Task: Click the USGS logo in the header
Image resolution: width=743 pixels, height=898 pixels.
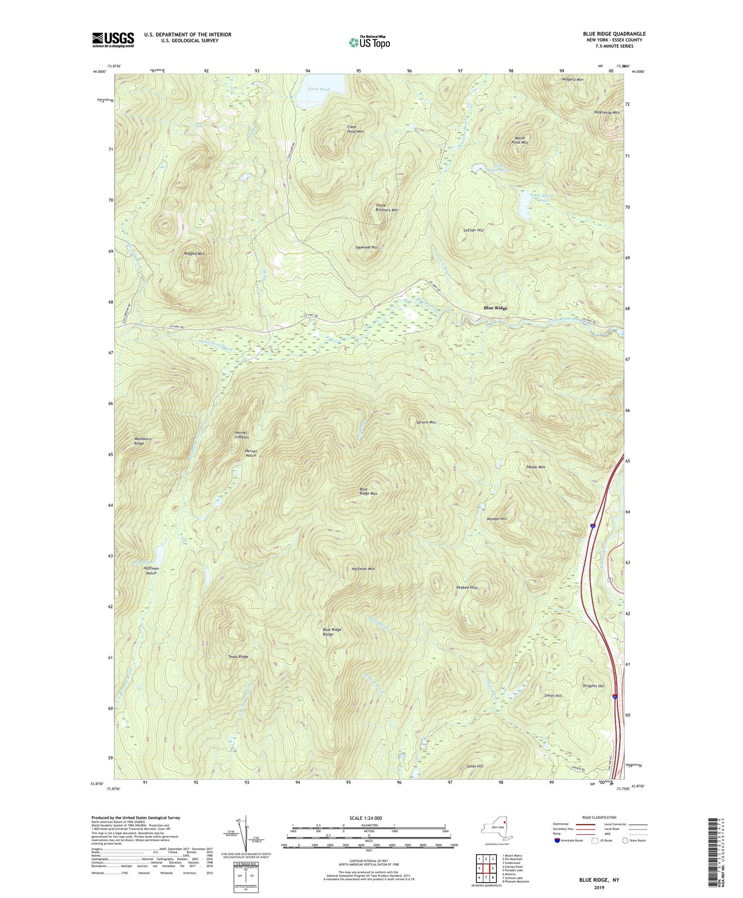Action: pyautogui.click(x=113, y=40)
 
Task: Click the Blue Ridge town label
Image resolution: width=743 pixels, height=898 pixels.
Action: pyautogui.click(x=495, y=308)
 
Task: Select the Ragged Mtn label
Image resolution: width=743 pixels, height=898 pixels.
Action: pyautogui.click(x=194, y=254)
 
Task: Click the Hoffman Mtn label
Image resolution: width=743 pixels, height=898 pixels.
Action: pyautogui.click(x=363, y=569)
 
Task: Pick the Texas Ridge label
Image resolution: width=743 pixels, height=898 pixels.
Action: pyautogui.click(x=238, y=657)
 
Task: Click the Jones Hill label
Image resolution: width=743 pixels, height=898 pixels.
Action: pyautogui.click(x=474, y=766)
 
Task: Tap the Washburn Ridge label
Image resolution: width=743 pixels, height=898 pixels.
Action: pyautogui.click(x=139, y=441)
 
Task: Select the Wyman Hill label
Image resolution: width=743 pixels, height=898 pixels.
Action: pyautogui.click(x=497, y=519)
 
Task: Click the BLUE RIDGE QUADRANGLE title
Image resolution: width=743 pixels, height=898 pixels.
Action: pyautogui.click(x=614, y=34)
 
